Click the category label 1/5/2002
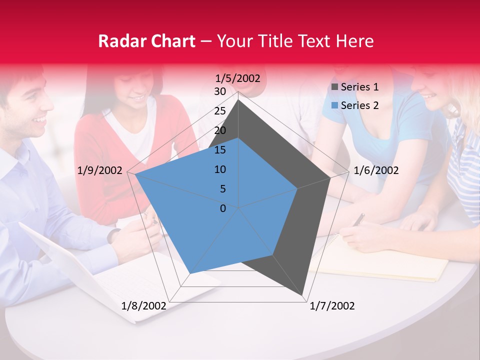point(238,78)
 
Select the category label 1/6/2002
point(376,170)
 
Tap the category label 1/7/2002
point(332,306)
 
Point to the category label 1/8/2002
point(144,306)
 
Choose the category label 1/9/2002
point(100,170)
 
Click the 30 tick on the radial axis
point(220,91)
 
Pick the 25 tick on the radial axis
point(220,111)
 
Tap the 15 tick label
point(220,150)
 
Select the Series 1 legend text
point(359,87)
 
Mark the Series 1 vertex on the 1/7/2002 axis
point(303,296)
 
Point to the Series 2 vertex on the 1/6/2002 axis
point(298,188)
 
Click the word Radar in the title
point(123,41)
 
